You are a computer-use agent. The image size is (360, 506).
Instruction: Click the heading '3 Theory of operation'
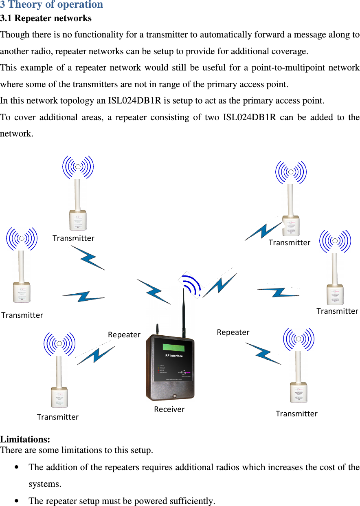tap(52, 5)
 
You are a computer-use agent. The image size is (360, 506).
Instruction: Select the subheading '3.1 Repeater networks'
tap(46, 18)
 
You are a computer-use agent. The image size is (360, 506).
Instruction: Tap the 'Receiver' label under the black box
tap(169, 409)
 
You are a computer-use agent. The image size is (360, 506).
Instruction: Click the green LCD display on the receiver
tap(173, 347)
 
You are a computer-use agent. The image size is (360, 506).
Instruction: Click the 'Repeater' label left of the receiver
tap(124, 334)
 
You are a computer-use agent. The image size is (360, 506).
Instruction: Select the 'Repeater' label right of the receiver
tap(233, 332)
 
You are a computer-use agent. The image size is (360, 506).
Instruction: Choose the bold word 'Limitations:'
tap(25, 440)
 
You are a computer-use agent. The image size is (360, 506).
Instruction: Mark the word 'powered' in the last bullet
tap(154, 501)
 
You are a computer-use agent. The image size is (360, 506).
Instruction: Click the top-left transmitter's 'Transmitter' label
tap(73, 238)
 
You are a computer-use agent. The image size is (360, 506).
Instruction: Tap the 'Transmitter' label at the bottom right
tap(296, 414)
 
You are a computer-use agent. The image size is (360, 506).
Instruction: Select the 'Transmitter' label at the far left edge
tap(22, 315)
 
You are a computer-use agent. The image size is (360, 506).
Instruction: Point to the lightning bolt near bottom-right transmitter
tap(263, 353)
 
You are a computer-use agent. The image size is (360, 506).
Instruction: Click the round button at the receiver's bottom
tap(174, 396)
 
